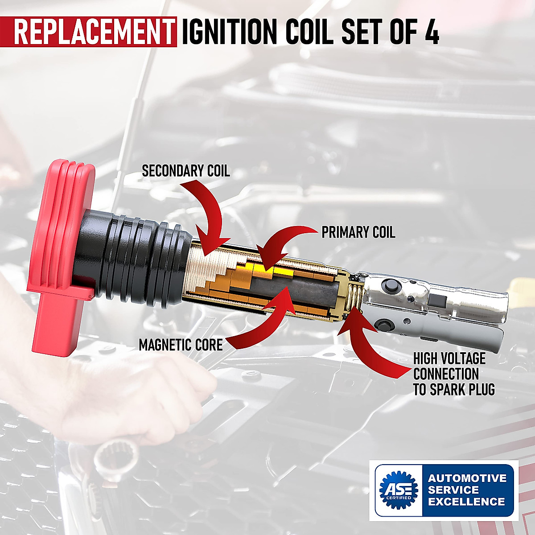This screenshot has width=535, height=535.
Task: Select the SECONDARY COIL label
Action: click(x=185, y=170)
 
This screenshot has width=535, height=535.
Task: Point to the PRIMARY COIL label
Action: click(x=358, y=232)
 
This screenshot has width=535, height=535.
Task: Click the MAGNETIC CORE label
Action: click(x=181, y=345)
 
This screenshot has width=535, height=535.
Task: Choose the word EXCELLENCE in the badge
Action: click(x=466, y=502)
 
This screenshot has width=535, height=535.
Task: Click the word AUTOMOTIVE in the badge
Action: click(x=467, y=478)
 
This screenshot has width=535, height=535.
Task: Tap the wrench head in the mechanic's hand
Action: click(x=109, y=459)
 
